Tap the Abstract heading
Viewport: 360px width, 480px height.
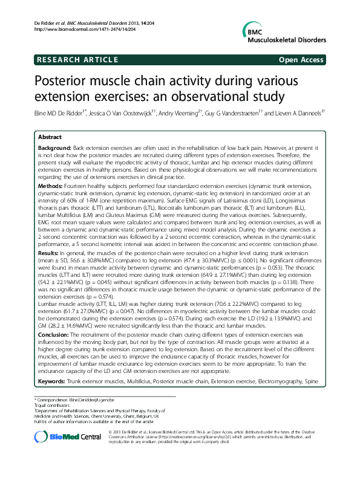(50, 138)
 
